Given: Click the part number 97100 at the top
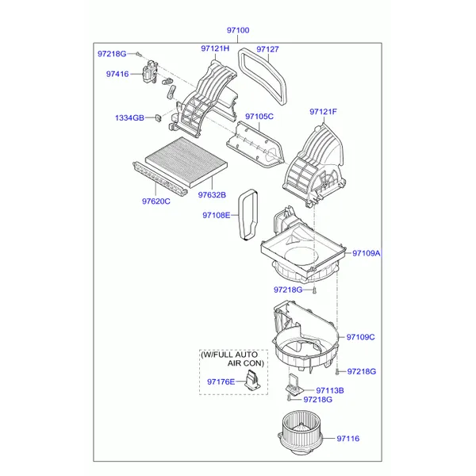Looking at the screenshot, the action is pos(238,30).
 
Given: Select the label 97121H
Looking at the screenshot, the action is pos(215,48).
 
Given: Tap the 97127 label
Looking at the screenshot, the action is pos(267,49).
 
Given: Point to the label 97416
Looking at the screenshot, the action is pos(117,74).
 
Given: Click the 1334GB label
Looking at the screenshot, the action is pos(129,117).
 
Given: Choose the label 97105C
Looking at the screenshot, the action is pos(259,117).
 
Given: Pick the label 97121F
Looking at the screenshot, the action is pos(323,112).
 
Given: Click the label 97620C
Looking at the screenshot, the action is pos(156,202).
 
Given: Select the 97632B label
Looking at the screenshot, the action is pos(212,195).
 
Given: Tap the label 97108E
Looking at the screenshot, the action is pos(216,215).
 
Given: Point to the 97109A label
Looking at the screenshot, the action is pos(366,253).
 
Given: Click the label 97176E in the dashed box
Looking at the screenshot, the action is pos(221,382).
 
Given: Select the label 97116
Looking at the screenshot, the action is pos(348,439).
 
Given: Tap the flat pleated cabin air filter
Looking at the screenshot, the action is pos(186,162).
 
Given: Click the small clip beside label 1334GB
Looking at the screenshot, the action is pos(158,117).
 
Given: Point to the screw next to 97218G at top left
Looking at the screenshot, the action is pos(138,54).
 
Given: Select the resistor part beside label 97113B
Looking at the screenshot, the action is pos(292,384).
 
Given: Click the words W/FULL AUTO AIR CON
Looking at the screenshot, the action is pos(232,359).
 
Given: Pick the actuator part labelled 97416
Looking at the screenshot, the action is pos(150,71).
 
